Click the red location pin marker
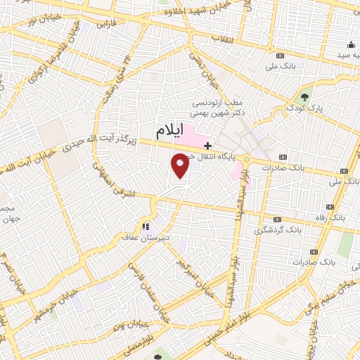[x=181, y=166]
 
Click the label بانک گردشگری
[x=279, y=229]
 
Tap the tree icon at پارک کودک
[x=304, y=98]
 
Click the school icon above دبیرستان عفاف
[x=146, y=226]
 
